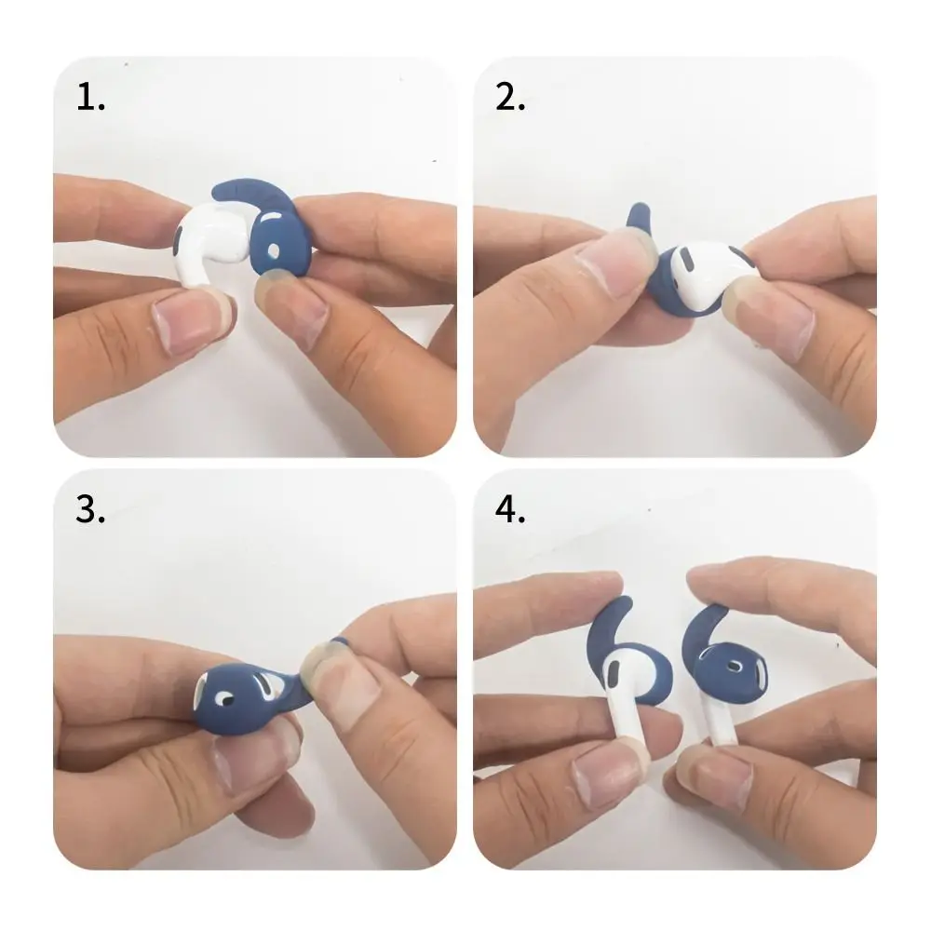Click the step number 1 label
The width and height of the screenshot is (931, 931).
tap(90, 97)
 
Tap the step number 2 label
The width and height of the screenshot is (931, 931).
tap(510, 97)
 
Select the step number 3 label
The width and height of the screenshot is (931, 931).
tap(90, 510)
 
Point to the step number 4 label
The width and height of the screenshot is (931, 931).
tap(511, 510)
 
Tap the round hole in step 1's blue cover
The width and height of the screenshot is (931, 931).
tap(272, 251)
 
